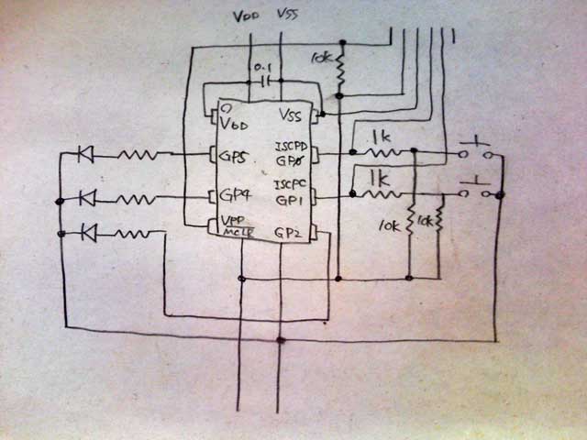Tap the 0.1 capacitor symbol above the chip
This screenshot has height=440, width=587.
265,81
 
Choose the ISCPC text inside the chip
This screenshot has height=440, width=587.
293,184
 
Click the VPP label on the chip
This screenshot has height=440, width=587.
232,221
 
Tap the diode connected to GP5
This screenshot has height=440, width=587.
85,155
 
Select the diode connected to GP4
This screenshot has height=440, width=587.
88,196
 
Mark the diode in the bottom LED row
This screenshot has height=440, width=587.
89,232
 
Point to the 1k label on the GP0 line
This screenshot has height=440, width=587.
382,137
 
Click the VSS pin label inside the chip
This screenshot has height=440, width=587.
291,116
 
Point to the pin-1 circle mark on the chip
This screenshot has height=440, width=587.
224,108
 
